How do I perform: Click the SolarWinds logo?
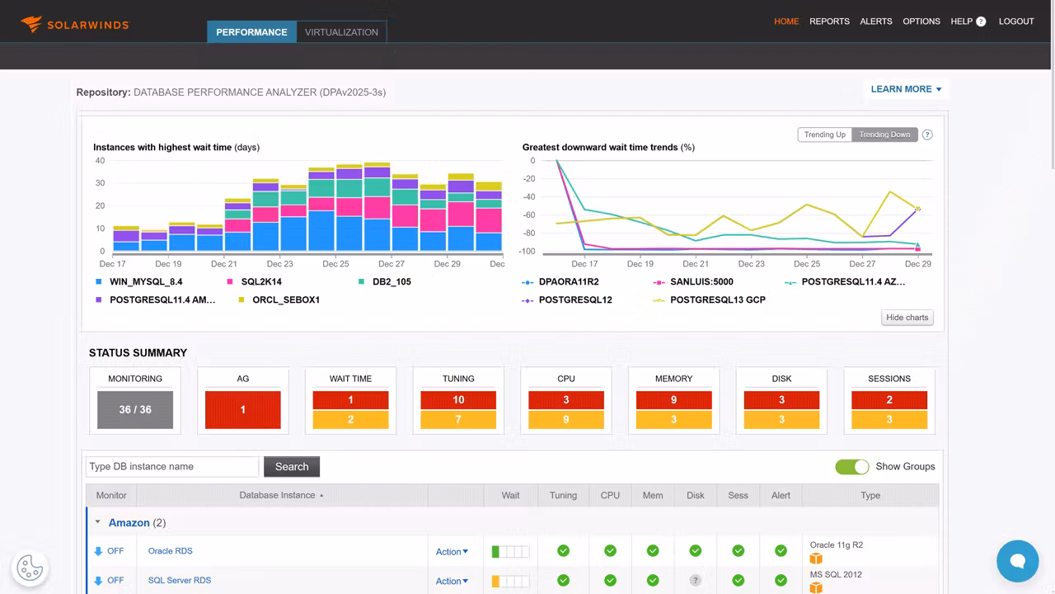click(x=75, y=24)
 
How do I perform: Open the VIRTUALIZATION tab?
click(x=341, y=32)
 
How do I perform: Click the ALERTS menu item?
click(x=875, y=21)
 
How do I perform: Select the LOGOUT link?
click(x=1015, y=21)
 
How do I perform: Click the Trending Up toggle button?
click(x=824, y=134)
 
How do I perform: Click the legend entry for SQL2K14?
click(x=261, y=282)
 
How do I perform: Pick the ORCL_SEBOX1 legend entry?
click(x=285, y=300)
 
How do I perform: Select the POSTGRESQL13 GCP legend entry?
click(x=717, y=300)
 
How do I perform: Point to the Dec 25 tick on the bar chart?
click(x=335, y=264)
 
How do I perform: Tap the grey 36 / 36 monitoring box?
click(x=135, y=410)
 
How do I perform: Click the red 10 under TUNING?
click(x=458, y=400)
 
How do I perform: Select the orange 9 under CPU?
click(x=566, y=420)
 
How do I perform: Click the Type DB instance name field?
click(x=172, y=467)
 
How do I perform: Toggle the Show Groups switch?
click(x=851, y=467)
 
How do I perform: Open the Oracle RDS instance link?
click(x=170, y=551)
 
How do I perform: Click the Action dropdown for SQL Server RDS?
click(x=452, y=582)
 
